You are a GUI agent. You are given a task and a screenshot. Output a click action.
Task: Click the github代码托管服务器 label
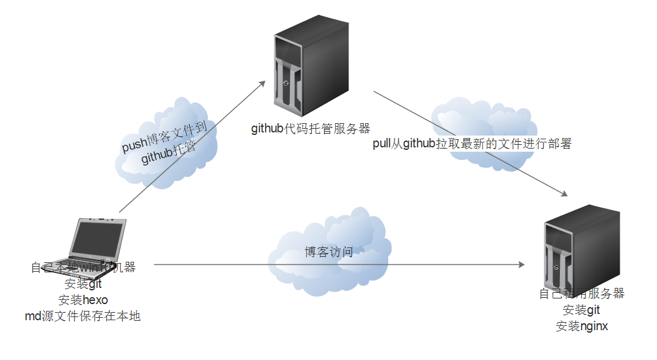coord(310,129)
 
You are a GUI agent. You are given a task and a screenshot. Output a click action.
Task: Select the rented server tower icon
coord(582,249)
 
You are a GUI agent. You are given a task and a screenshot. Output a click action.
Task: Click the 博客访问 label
coord(328,252)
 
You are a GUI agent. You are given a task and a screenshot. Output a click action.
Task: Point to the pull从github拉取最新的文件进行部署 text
coord(471,144)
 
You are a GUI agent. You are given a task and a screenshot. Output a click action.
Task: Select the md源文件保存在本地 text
coord(83,316)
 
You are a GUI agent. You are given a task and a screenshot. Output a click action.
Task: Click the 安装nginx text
coord(582,326)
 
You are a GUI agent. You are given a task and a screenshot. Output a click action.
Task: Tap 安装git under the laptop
coord(83,284)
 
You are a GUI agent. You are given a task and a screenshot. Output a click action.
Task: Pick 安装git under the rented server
coord(582,310)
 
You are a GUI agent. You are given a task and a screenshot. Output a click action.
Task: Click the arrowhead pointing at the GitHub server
coord(263,83)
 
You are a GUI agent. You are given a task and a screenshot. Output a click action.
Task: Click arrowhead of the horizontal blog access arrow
coord(521,265)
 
